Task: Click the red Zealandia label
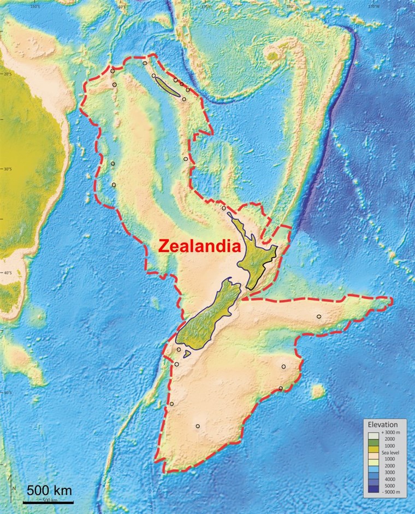pyautogui.click(x=199, y=246)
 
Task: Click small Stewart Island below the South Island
pyautogui.click(x=187, y=354)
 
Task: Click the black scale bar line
pyautogui.click(x=48, y=501)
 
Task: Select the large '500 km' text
pyautogui.click(x=49, y=490)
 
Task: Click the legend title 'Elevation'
pyautogui.click(x=387, y=424)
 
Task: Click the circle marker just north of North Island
pyautogui.click(x=223, y=208)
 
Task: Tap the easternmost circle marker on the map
pyautogui.click(x=319, y=317)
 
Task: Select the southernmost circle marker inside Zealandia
pyautogui.click(x=198, y=426)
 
